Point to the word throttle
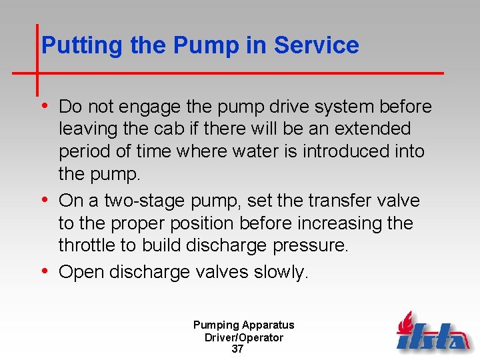(x=87, y=245)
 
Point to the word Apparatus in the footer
(x=268, y=325)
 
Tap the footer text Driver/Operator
(x=244, y=337)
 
